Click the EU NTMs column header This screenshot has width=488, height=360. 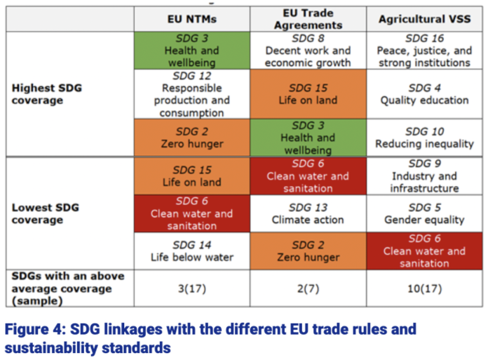point(191,19)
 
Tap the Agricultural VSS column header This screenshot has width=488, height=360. point(423,19)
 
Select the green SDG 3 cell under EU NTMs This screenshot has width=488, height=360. point(191,51)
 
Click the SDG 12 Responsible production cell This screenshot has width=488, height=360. point(191,94)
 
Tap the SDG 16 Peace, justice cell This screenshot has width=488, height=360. point(423,51)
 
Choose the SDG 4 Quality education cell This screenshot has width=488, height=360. point(423,94)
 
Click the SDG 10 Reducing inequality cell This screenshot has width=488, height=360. point(423,138)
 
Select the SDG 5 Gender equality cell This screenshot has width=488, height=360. point(423,214)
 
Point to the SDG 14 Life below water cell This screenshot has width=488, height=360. point(191,251)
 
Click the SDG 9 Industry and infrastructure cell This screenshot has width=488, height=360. point(423,175)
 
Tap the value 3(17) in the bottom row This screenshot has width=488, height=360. point(191,288)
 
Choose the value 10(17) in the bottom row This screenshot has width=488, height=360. point(423,288)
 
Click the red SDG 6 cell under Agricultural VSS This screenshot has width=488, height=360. point(423,251)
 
